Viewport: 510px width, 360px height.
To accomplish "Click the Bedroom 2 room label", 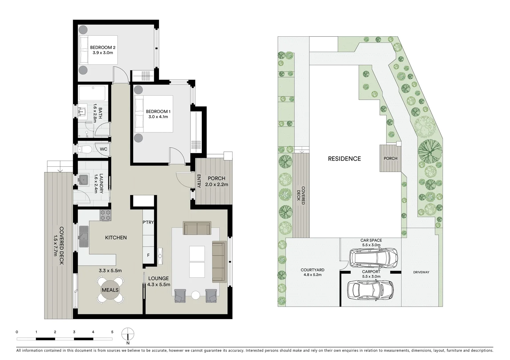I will pyautogui.click(x=102, y=48).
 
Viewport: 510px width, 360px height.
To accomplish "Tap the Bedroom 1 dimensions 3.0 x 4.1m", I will pyautogui.click(x=158, y=117).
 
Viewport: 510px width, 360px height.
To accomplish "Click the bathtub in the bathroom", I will pyautogui.click(x=92, y=93).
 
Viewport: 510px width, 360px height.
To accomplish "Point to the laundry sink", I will pyautogui.click(x=83, y=180).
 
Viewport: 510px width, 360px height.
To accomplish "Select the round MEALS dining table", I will pyautogui.click(x=110, y=290).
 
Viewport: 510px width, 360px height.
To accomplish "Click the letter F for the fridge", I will pyautogui.click(x=148, y=256).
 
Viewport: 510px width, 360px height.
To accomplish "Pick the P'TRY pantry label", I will pyautogui.click(x=148, y=222).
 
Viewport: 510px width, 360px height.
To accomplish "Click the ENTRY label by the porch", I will pyautogui.click(x=199, y=181).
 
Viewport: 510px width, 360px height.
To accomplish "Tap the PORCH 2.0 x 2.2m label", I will pyautogui.click(x=216, y=181).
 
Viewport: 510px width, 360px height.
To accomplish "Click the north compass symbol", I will pyautogui.click(x=128, y=333).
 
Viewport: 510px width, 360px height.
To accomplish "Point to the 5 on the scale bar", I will pyautogui.click(x=112, y=332).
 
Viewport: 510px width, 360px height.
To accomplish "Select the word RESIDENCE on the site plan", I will pyautogui.click(x=344, y=159).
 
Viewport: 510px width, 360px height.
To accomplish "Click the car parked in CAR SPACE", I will pyautogui.click(x=373, y=257).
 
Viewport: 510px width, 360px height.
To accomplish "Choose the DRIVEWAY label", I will pyautogui.click(x=421, y=272).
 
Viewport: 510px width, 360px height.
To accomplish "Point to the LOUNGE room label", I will pyautogui.click(x=158, y=278).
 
